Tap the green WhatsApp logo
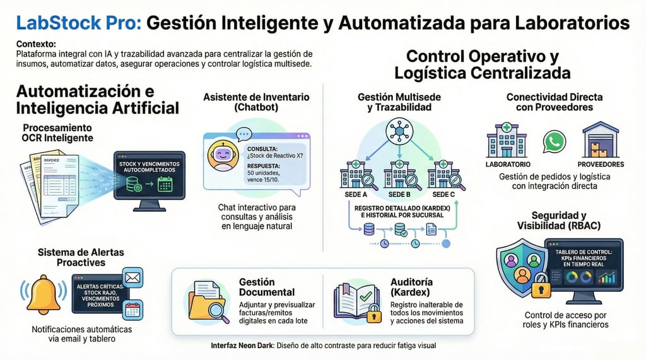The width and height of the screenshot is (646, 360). [x=554, y=141]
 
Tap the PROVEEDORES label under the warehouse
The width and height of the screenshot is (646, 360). [x=601, y=165]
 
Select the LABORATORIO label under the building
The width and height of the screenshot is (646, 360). [x=508, y=165]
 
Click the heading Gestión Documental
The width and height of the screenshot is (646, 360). [x=267, y=287]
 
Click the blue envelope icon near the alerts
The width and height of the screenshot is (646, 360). [x=132, y=277]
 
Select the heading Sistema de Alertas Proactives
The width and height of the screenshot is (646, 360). [x=80, y=257]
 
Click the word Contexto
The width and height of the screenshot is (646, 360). [x=36, y=44]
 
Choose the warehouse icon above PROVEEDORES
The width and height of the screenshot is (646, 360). [x=600, y=140]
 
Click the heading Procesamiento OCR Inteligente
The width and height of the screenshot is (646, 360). [x=58, y=132]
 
